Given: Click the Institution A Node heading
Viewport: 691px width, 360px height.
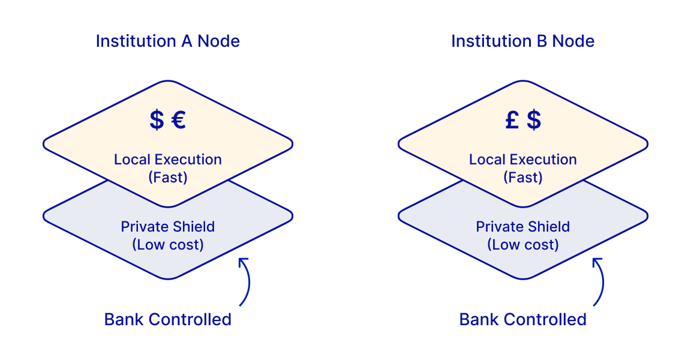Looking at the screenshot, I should tap(168, 41).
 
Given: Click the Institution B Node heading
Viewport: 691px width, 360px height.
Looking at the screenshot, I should tap(522, 41).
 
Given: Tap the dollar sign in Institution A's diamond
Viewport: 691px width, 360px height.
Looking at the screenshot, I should tap(157, 120).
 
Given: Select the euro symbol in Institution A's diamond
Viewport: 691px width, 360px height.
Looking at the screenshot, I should tap(178, 120).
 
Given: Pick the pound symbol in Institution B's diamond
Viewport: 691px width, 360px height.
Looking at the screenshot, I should tap(512, 120).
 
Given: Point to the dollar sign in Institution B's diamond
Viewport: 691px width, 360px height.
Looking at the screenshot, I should tap(534, 120).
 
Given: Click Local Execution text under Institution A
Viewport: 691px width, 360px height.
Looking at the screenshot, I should tap(168, 160).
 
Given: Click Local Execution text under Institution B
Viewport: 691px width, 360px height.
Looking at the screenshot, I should tap(522, 160).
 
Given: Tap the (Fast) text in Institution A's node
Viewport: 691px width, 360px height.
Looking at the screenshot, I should tap(168, 178).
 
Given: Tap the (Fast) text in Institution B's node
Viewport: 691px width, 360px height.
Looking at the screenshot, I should tap(522, 178).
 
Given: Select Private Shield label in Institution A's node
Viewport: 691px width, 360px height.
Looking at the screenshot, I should tap(168, 227).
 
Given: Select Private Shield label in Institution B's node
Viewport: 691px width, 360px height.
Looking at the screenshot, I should tap(522, 227).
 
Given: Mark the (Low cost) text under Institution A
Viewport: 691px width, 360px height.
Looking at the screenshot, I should tap(168, 245).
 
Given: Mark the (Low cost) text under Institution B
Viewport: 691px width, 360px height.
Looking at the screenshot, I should tap(522, 245).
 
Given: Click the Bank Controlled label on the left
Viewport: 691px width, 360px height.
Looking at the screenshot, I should tap(168, 319).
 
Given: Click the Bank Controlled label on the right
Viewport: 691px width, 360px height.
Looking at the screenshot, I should tap(522, 319).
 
